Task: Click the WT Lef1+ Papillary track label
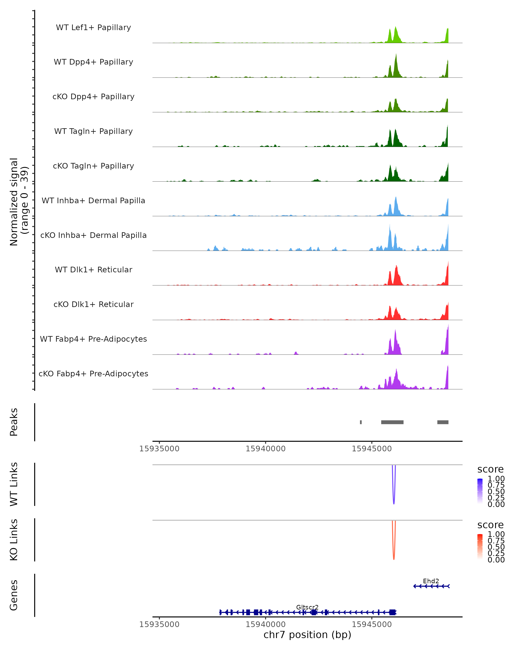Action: (x=93, y=28)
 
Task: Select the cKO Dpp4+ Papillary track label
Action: (x=93, y=96)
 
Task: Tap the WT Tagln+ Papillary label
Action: (x=93, y=131)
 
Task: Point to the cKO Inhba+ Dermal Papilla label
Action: (x=93, y=235)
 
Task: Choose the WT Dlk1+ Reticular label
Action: (x=93, y=270)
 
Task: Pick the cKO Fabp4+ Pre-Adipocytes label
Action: (x=93, y=374)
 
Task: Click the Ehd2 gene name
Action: (x=431, y=581)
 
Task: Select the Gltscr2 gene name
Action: (x=307, y=607)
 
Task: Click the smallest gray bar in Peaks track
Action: (x=361, y=422)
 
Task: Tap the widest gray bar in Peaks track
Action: (x=392, y=422)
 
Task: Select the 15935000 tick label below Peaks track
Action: (x=159, y=449)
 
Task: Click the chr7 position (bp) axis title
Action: (x=307, y=635)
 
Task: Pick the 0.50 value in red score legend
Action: (x=496, y=547)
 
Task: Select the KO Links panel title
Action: (x=14, y=540)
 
